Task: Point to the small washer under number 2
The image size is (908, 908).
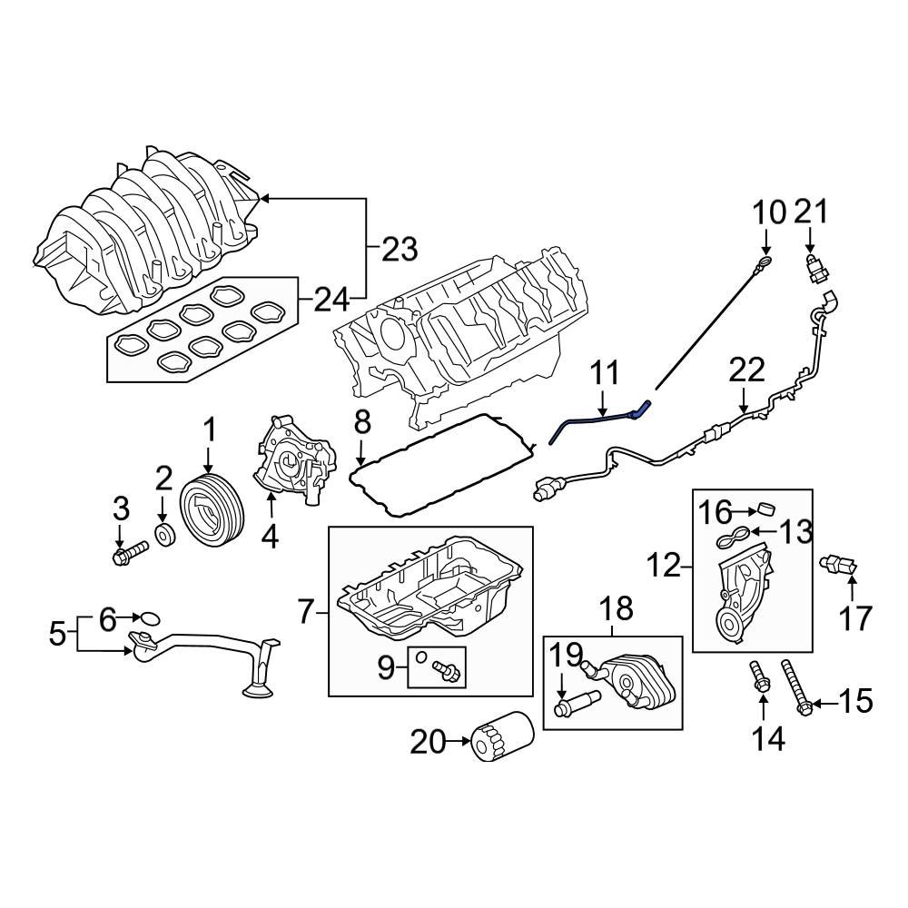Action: click(x=164, y=535)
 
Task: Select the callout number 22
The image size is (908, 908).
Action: click(x=746, y=370)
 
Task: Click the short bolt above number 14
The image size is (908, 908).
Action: click(x=759, y=676)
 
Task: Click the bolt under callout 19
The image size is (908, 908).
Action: click(x=573, y=705)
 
